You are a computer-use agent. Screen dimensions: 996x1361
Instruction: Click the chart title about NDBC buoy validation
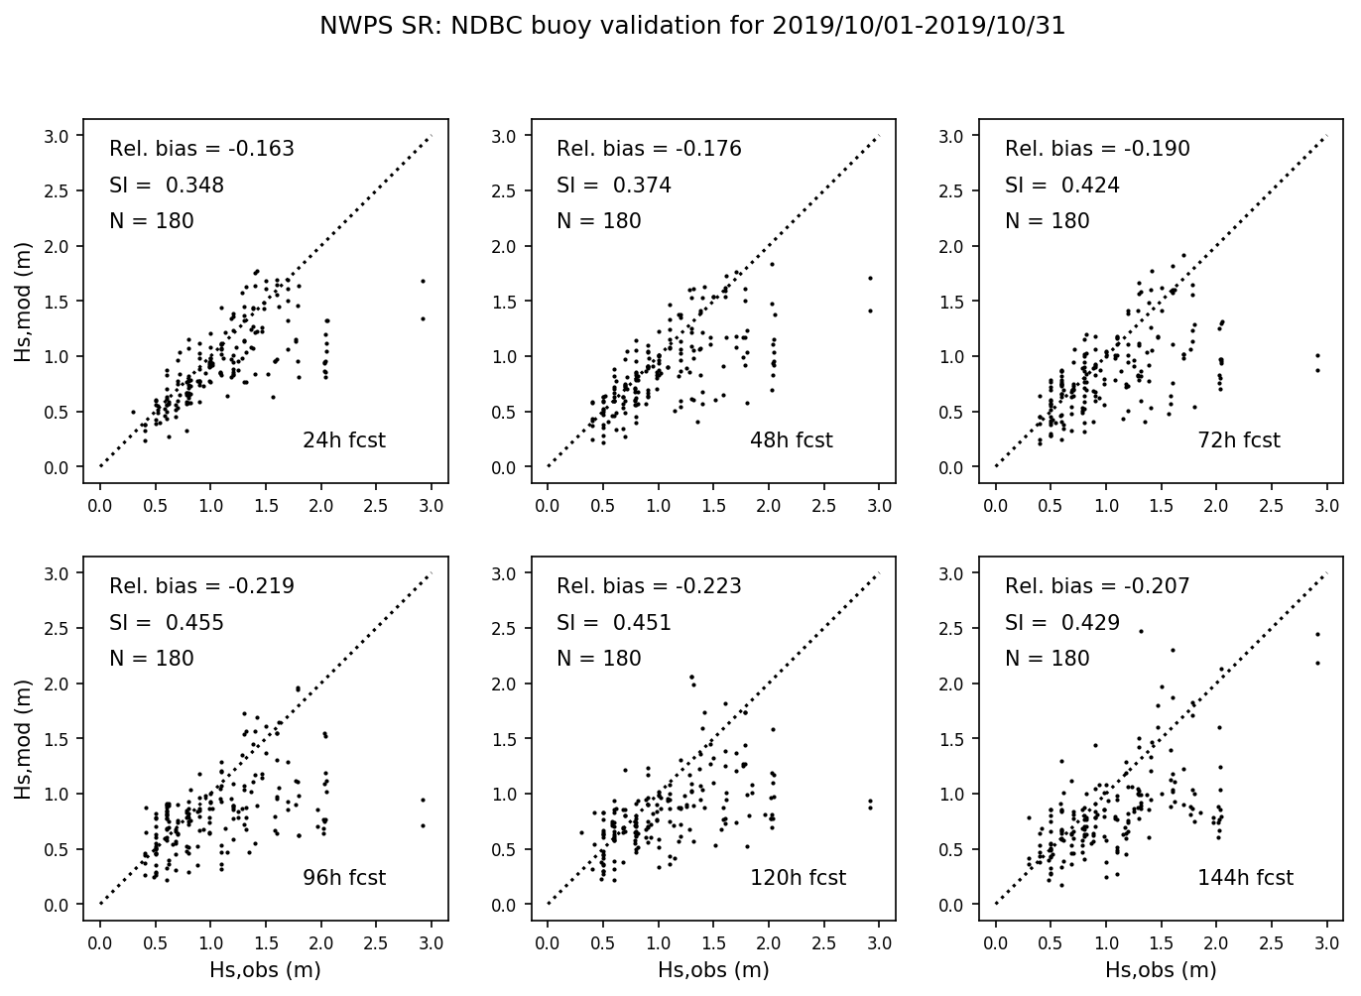(x=692, y=27)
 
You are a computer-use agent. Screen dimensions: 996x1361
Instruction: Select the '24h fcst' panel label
(x=343, y=440)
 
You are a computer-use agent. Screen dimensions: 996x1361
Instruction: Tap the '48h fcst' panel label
(x=791, y=440)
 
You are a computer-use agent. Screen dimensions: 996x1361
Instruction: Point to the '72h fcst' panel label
(x=1239, y=440)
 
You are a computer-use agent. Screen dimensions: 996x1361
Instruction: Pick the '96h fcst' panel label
(x=343, y=878)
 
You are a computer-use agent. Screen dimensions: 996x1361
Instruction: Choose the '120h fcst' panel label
(x=798, y=878)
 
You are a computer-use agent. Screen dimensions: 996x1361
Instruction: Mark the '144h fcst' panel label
(x=1245, y=878)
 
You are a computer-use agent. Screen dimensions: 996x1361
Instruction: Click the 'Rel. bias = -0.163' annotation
(x=201, y=149)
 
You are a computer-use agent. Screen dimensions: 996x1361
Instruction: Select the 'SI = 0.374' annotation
(x=613, y=186)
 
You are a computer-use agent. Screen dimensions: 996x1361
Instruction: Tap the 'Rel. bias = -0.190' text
(x=1097, y=149)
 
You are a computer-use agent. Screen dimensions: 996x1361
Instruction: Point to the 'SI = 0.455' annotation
(x=166, y=623)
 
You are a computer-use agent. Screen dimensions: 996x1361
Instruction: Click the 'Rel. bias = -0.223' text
(x=649, y=586)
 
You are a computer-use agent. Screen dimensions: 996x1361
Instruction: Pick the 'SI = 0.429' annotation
(x=1061, y=623)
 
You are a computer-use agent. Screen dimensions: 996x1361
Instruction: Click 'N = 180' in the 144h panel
(x=1047, y=659)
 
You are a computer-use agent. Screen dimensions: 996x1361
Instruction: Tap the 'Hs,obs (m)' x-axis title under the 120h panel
(x=713, y=970)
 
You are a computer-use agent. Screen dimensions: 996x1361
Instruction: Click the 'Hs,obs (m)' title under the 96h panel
(x=265, y=970)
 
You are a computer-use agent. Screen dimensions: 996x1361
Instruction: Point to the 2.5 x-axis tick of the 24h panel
(x=376, y=506)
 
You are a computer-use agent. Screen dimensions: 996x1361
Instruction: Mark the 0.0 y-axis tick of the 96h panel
(x=59, y=905)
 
